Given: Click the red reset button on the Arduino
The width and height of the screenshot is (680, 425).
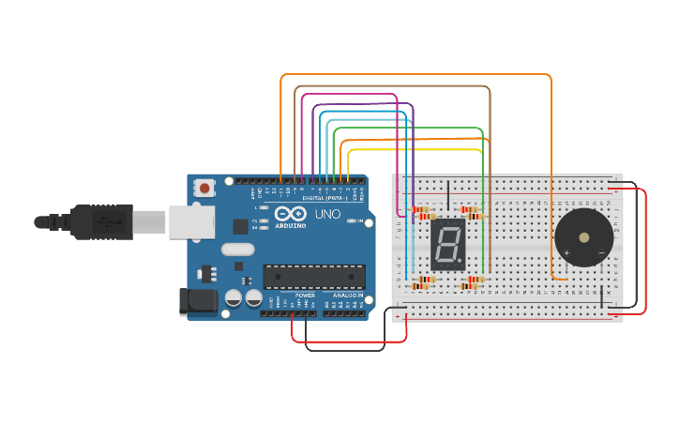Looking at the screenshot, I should click(x=204, y=189).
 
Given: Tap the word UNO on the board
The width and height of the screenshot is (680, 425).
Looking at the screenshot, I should click(x=327, y=215).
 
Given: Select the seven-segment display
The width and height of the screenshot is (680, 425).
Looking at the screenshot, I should click(x=448, y=245).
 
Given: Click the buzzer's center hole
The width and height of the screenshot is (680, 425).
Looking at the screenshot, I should click(x=584, y=237).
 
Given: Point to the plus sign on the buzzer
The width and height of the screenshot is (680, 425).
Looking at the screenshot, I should click(x=567, y=253).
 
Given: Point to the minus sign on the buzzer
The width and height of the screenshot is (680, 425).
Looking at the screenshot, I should click(x=600, y=253).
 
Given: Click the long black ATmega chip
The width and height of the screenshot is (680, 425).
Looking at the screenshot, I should click(x=313, y=276).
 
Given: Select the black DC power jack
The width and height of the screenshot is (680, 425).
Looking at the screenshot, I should click(x=194, y=300).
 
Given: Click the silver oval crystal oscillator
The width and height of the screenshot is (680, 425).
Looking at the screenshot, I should click(x=237, y=250).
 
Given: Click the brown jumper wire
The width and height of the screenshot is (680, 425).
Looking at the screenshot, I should click(x=394, y=87).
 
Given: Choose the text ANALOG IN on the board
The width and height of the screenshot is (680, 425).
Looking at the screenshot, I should click(x=343, y=295).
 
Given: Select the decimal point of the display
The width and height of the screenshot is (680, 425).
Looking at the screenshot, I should click(x=461, y=261).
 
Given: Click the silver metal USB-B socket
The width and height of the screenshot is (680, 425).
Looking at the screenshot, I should click(x=187, y=222).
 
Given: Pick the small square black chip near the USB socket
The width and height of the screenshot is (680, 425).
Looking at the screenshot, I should click(x=241, y=225).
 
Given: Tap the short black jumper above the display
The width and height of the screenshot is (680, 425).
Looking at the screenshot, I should click(x=448, y=194).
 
